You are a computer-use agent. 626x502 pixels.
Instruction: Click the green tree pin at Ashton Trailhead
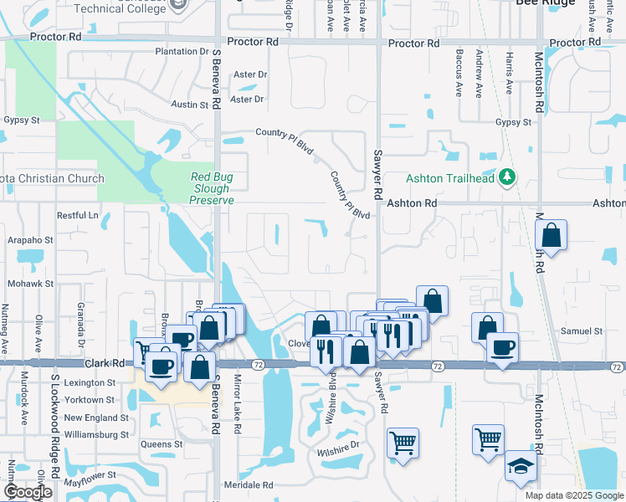coord(506,177)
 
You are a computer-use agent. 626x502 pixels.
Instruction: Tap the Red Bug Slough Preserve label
coord(212,188)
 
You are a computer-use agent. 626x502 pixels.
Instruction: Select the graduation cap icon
coord(520,468)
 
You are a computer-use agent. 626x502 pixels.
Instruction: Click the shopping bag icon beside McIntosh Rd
coord(552,236)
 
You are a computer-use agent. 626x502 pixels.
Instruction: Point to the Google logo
coord(28,492)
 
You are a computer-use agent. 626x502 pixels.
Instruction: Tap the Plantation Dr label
coord(182,51)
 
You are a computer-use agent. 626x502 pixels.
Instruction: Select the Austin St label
coord(189,105)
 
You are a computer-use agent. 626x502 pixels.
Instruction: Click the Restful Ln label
coord(77,215)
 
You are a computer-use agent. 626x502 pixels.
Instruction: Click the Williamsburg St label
coord(96,435)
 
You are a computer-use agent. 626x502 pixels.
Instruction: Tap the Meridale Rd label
coord(249,485)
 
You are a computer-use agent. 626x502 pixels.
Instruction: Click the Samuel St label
coord(582,331)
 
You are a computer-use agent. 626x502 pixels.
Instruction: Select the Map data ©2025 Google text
coord(573,495)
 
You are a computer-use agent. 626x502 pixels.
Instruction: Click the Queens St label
coord(162,444)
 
